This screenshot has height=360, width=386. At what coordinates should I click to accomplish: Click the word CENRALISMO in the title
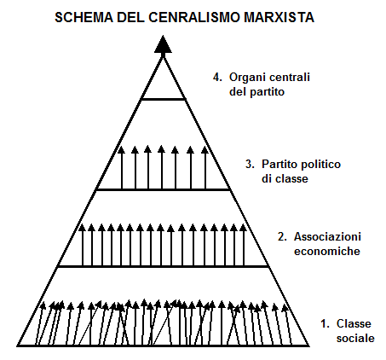pyautogui.click(x=194, y=17)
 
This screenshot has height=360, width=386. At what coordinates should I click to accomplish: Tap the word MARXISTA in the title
pyautogui.click(x=279, y=17)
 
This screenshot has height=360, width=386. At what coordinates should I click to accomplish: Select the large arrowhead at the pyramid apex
pyautogui.click(x=163, y=44)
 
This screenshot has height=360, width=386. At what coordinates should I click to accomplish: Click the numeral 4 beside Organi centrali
pyautogui.click(x=217, y=78)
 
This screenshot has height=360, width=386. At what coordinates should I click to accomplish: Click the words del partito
pyautogui.click(x=256, y=92)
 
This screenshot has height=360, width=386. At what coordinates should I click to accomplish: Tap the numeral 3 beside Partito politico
pyautogui.click(x=250, y=165)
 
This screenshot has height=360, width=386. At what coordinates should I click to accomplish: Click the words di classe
pyautogui.click(x=285, y=179)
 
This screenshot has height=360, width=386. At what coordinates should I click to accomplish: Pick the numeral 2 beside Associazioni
pyautogui.click(x=282, y=237)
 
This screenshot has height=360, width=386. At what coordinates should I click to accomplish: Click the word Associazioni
pyautogui.click(x=327, y=236)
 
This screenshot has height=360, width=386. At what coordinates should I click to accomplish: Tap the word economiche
pyautogui.click(x=327, y=252)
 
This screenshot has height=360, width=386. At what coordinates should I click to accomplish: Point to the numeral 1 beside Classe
pyautogui.click(x=325, y=324)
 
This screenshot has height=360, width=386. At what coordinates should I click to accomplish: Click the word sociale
pyautogui.click(x=355, y=339)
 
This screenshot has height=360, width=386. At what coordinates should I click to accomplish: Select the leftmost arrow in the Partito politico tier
pyautogui.click(x=122, y=168)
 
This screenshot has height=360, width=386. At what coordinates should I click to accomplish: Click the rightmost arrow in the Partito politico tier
pyautogui.click(x=205, y=168)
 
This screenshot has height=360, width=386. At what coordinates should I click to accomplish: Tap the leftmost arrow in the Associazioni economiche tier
pyautogui.click(x=83, y=245)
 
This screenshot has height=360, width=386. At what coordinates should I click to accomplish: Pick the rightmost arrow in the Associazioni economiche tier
pyautogui.click(x=243, y=245)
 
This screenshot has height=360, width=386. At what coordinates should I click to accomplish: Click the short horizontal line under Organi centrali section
pyautogui.click(x=164, y=99)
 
